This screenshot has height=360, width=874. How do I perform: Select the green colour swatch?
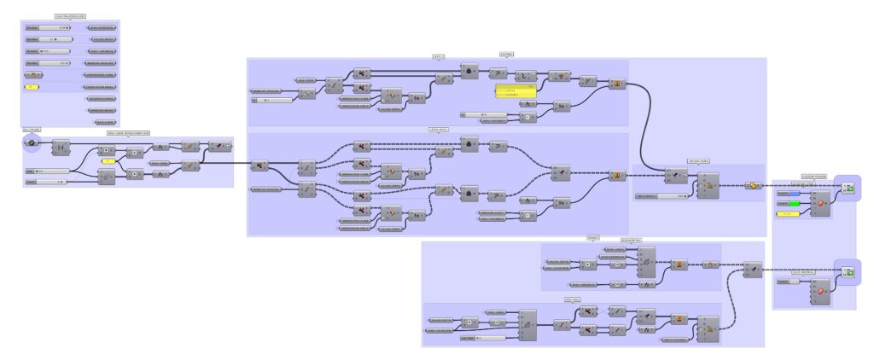788,204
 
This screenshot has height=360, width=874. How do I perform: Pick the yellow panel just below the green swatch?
788,212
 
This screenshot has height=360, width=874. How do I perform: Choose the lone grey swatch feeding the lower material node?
788,281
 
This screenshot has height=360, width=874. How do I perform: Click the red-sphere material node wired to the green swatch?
820,203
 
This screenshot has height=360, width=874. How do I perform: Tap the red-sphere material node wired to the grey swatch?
820,290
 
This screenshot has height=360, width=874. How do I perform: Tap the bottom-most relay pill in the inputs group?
102,121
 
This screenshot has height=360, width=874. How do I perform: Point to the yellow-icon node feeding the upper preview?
753,184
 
